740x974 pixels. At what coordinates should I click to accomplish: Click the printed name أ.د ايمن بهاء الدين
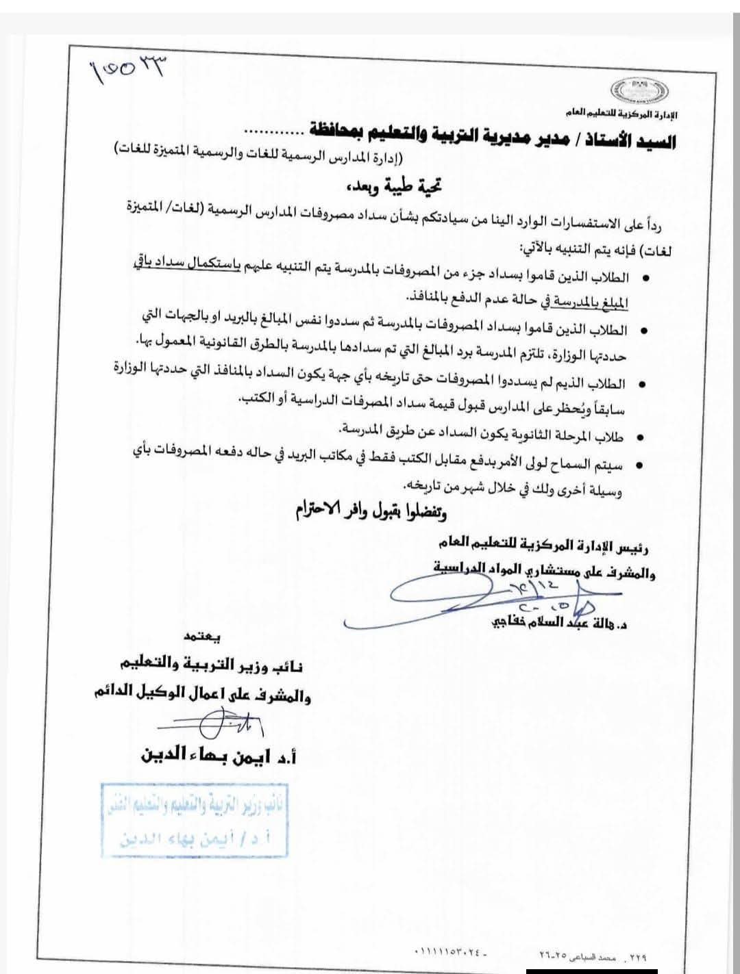coord(217,756)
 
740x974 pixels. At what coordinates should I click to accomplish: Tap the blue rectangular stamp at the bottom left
coord(195,819)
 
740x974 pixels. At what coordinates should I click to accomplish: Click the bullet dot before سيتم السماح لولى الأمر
coord(639,465)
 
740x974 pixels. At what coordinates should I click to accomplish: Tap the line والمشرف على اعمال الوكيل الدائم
coord(203,695)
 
